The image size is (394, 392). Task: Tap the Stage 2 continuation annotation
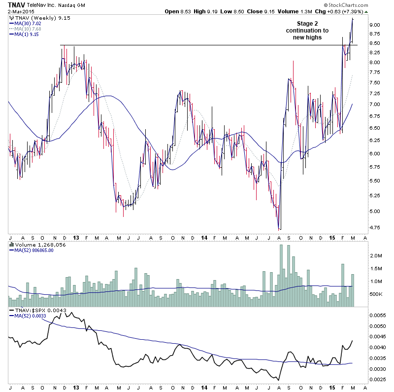coord(304,30)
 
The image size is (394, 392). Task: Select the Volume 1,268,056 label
coord(37,244)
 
